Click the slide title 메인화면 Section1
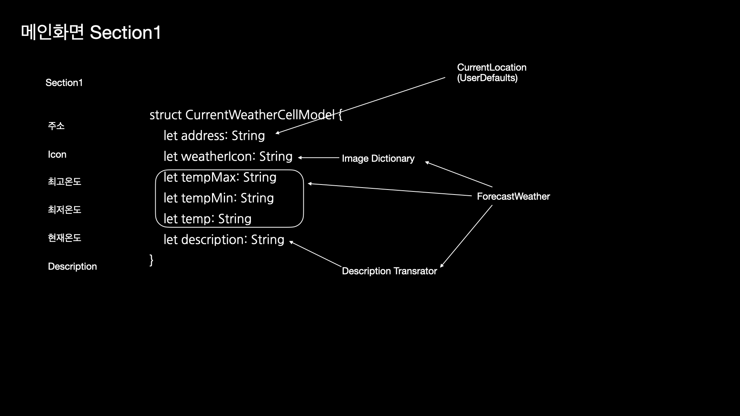[x=91, y=33]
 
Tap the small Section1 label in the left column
[x=64, y=83]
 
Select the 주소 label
[x=56, y=126]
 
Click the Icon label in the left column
[x=57, y=155]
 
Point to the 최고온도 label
[x=64, y=182]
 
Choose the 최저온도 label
[x=64, y=210]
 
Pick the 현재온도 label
[x=64, y=238]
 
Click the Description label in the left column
[x=72, y=267]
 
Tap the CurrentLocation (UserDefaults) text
[x=491, y=73]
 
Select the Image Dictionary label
[x=378, y=159]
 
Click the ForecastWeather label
[x=513, y=196]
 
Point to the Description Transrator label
[x=389, y=271]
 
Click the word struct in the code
[x=165, y=115]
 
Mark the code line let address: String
[x=214, y=136]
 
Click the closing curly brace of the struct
[x=151, y=260]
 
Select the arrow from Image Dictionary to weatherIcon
[x=319, y=158]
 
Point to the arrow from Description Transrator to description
[x=315, y=254]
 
